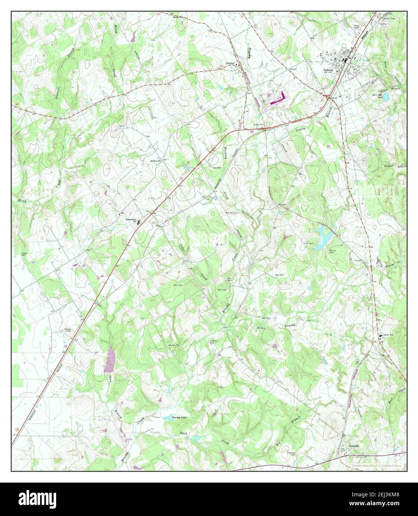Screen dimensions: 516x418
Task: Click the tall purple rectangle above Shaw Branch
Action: (109, 359)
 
